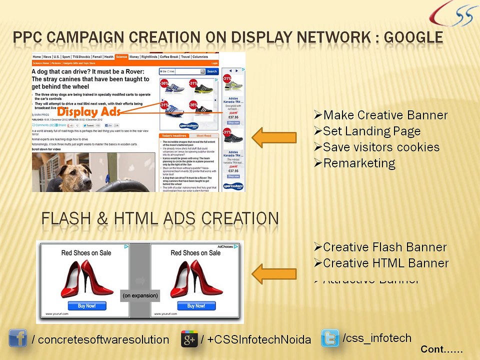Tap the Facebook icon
point(17,338)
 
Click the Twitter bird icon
point(330,338)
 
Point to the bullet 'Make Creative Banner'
point(381,115)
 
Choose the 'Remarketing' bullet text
point(354,163)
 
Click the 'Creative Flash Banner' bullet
point(380,247)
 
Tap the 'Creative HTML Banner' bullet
point(381,263)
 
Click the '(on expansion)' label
point(140,295)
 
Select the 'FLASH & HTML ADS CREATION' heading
point(160,219)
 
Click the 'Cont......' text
point(441,349)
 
